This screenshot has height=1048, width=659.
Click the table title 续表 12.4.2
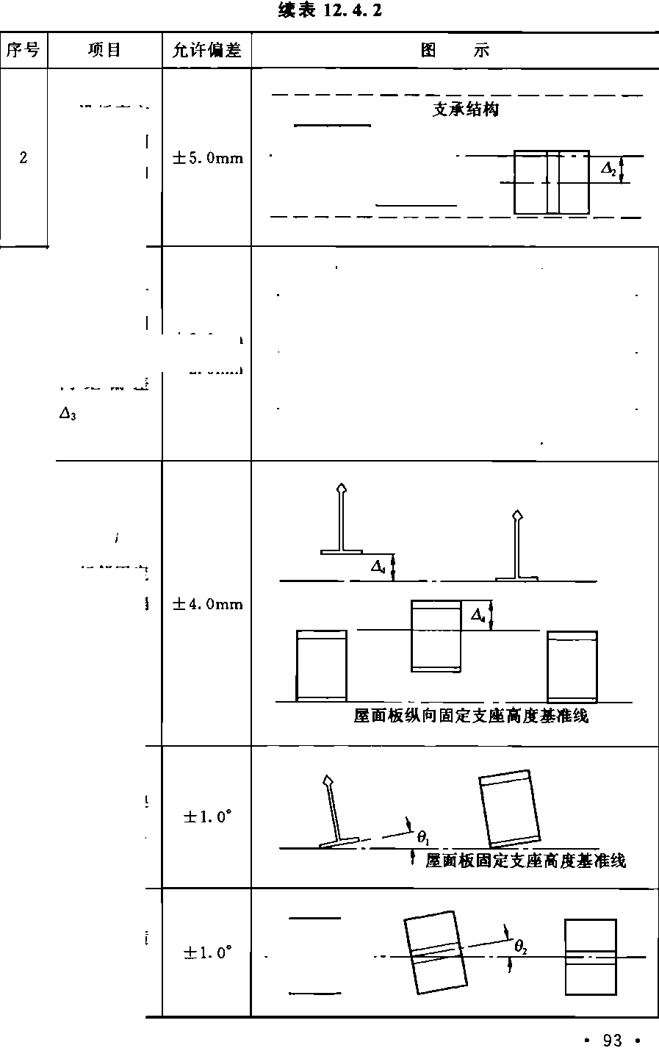pyautogui.click(x=330, y=11)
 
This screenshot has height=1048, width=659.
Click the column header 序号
pyautogui.click(x=24, y=50)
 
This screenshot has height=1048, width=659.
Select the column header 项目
pyautogui.click(x=104, y=50)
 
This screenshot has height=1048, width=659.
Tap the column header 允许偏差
pyautogui.click(x=206, y=50)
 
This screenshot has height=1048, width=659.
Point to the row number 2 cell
pyautogui.click(x=24, y=157)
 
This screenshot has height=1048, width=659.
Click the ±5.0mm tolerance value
pyautogui.click(x=206, y=158)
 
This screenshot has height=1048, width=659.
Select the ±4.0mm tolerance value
pyautogui.click(x=206, y=604)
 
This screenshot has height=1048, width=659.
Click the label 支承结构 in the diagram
pyautogui.click(x=465, y=110)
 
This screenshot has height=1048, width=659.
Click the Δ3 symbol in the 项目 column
pyautogui.click(x=68, y=414)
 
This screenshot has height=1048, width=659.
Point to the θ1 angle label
pyautogui.click(x=423, y=837)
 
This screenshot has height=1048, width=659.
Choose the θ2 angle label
pyautogui.click(x=520, y=949)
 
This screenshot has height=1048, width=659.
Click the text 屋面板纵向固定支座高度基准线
pyautogui.click(x=471, y=716)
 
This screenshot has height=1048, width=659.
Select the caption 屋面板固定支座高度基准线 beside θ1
pyautogui.click(x=525, y=861)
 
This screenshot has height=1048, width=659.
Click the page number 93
pyautogui.click(x=612, y=1039)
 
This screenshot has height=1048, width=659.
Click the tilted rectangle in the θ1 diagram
pyautogui.click(x=510, y=808)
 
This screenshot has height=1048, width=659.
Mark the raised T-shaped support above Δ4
pyautogui.click(x=341, y=522)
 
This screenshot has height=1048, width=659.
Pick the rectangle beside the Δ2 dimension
pyautogui.click(x=551, y=182)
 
